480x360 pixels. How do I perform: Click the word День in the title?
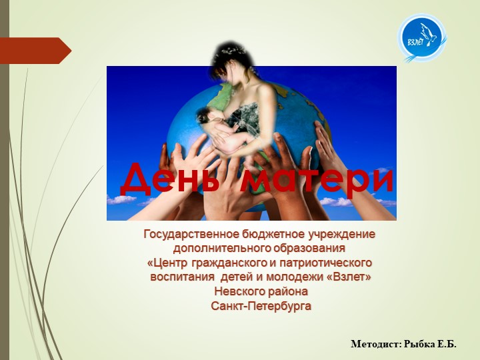click(x=171, y=179)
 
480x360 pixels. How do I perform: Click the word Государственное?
click(x=189, y=235)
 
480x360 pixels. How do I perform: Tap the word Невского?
click(x=237, y=291)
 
